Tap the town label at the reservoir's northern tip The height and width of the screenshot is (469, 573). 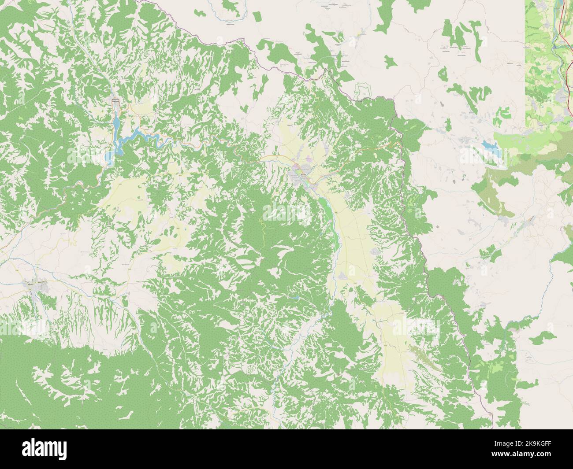115,101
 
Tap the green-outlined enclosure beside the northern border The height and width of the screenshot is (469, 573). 362,90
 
